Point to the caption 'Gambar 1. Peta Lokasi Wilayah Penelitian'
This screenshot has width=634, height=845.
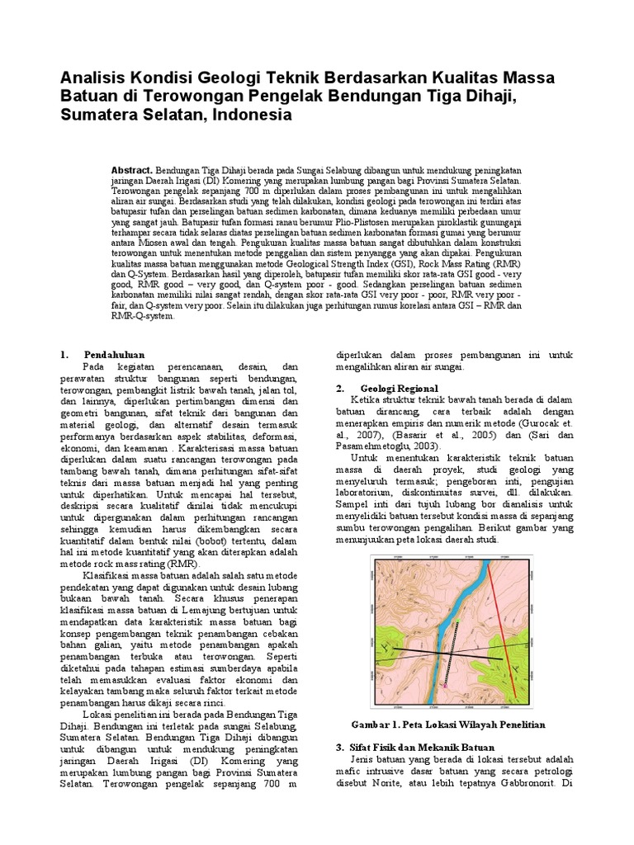coord(449,724)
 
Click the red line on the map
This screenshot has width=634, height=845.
coord(504,627)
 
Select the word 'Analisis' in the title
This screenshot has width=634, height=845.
coord(92,78)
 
